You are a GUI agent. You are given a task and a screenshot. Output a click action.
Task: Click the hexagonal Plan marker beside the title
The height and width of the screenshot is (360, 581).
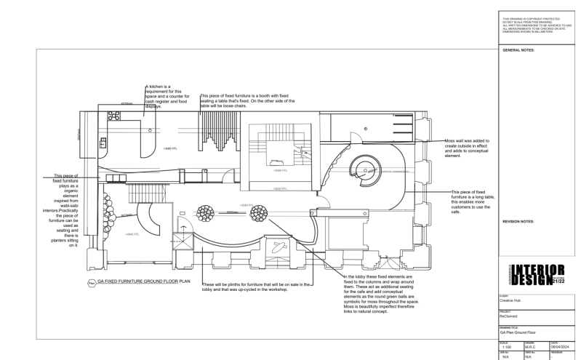(x=90, y=278)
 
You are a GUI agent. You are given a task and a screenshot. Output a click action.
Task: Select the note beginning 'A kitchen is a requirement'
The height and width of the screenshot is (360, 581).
(x=169, y=97)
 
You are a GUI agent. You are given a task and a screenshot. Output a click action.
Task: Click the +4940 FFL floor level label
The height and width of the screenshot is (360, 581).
(x=132, y=234)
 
